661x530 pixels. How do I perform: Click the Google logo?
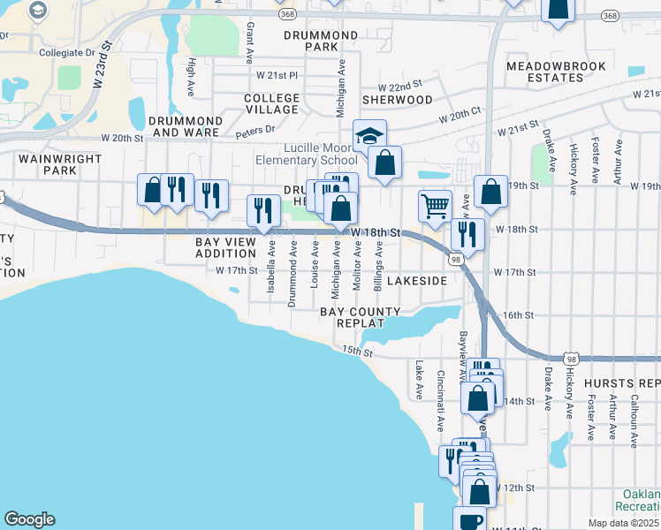(29, 519)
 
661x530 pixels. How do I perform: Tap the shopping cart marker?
(435, 207)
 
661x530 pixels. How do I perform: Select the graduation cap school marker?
(369, 135)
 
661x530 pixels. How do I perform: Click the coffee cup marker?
(469, 519)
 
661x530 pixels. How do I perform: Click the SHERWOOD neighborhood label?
(398, 100)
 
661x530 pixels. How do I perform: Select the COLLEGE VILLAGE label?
(271, 103)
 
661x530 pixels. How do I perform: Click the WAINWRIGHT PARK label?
(48, 163)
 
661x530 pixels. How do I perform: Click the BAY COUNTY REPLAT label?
(361, 317)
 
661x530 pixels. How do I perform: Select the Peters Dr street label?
(255, 132)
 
